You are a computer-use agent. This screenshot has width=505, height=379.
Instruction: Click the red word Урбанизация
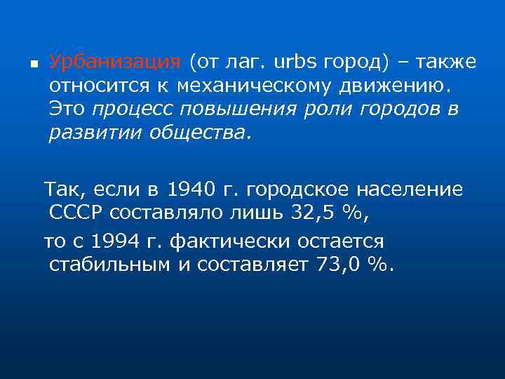(x=115, y=62)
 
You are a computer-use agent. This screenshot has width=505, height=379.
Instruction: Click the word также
(x=446, y=62)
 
